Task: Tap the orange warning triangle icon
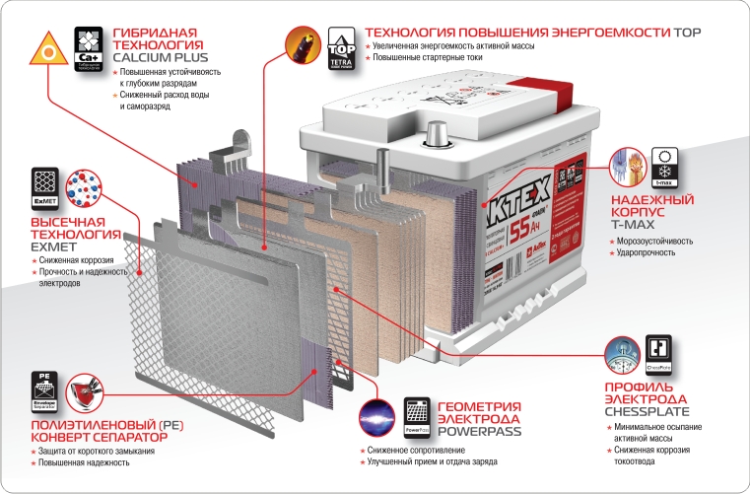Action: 45,45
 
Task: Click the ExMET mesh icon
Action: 45,186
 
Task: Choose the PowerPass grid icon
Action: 418,416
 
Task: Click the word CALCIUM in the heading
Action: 145,57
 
